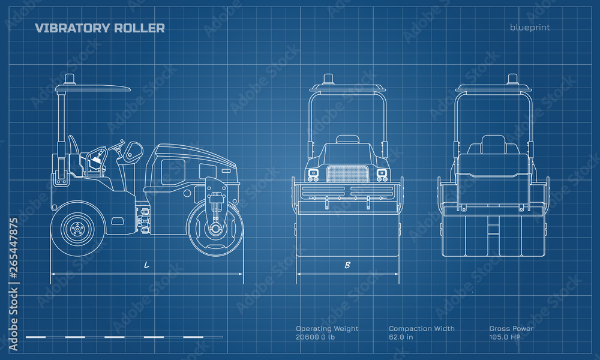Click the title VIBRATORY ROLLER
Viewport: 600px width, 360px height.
[100, 28]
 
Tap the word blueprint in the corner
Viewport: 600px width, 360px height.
[530, 27]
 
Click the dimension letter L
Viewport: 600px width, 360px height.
[146, 265]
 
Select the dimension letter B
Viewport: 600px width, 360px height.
[347, 265]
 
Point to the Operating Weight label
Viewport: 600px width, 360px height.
[327, 328]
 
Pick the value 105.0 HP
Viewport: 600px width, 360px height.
[505, 337]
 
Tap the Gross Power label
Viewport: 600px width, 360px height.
[511, 328]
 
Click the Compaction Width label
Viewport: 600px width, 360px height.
[421, 328]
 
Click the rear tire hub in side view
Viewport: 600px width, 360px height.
[76, 229]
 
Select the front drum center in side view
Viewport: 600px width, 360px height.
[215, 229]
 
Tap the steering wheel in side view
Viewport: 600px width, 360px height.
[121, 147]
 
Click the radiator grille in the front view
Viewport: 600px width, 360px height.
[347, 173]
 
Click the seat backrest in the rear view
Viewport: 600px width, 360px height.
[493, 145]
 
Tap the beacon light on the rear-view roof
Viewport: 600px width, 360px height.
[512, 79]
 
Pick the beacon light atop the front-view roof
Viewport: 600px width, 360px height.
[328, 79]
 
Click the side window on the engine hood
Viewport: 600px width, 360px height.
[173, 172]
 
